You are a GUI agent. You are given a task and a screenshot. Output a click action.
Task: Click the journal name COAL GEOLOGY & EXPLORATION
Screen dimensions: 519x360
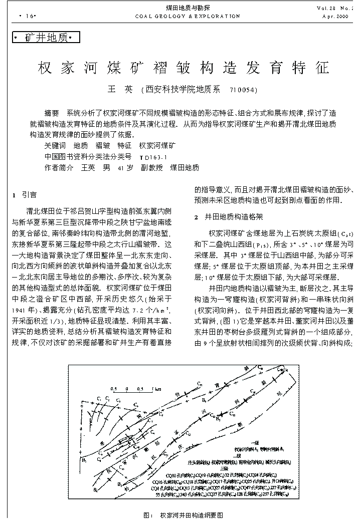coord(188,16)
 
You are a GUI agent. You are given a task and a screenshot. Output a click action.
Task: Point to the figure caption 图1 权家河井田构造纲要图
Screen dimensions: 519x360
coord(184,515)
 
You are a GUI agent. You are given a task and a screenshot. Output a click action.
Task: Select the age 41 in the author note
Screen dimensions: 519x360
coord(120,168)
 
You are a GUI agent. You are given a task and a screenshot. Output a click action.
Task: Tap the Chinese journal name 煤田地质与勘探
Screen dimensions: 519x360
coord(188,8)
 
